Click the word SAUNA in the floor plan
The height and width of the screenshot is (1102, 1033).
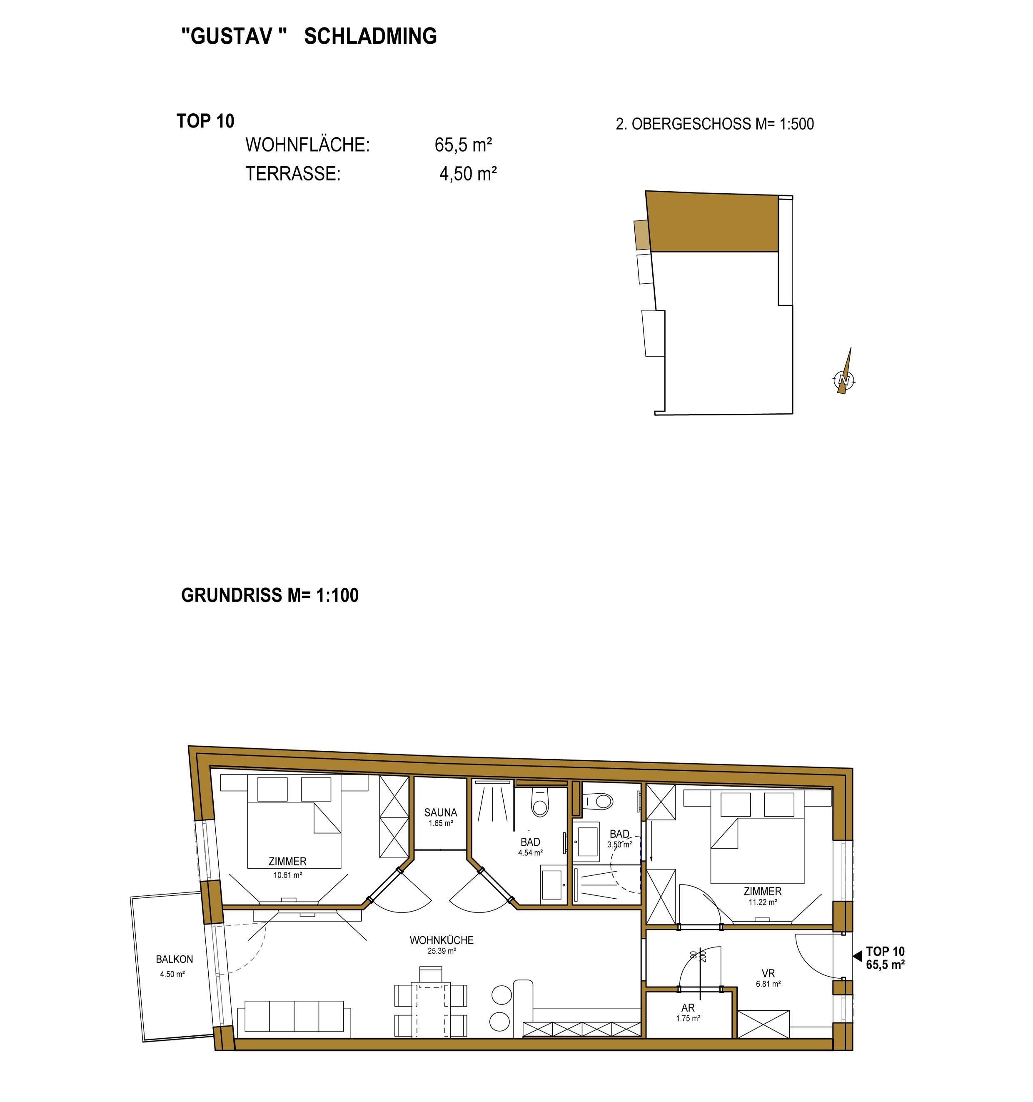tap(441, 812)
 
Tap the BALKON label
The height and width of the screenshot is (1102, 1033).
tap(174, 959)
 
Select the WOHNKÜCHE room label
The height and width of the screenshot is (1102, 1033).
tap(442, 940)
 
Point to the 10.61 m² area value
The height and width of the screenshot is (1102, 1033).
tap(288, 875)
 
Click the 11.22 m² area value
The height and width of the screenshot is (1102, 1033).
tap(763, 902)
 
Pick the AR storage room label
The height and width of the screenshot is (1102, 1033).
tap(688, 1008)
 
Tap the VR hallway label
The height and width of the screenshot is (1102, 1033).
tap(768, 973)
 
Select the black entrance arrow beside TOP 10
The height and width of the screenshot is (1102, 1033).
tap(857, 956)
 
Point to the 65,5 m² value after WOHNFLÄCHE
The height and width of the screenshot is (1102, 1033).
tap(463, 145)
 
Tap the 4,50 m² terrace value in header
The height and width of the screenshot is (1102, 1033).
tap(468, 173)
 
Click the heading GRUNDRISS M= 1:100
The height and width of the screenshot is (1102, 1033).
tap(270, 595)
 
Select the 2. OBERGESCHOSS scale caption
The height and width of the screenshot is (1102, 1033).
tap(715, 124)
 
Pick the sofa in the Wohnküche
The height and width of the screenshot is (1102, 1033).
tap(294, 1018)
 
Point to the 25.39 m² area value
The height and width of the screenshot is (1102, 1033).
tap(442, 951)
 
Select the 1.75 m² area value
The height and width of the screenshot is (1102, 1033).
tap(688, 1018)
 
